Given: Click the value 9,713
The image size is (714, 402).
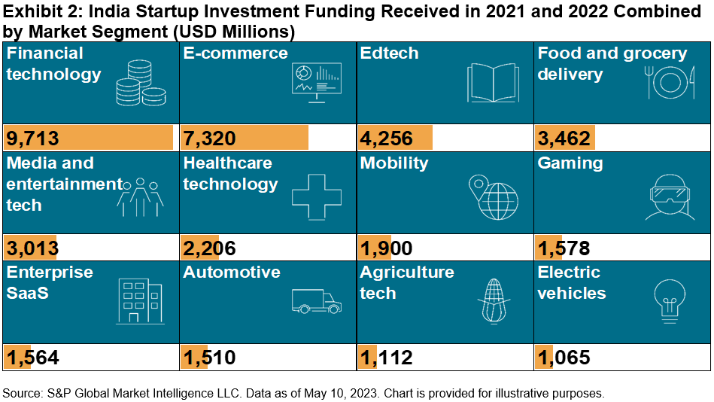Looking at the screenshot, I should pyautogui.click(x=32, y=139).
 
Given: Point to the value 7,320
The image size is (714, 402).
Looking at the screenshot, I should pyautogui.click(x=209, y=139).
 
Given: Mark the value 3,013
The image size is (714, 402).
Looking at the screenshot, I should pyautogui.click(x=32, y=248).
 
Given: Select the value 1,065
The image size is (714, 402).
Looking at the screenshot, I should pyautogui.click(x=564, y=358).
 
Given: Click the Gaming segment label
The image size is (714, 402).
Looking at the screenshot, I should pyautogui.click(x=570, y=163).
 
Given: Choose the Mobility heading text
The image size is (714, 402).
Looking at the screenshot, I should pyautogui.click(x=394, y=163).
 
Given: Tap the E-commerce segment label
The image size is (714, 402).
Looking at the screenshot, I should pyautogui.click(x=235, y=53).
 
